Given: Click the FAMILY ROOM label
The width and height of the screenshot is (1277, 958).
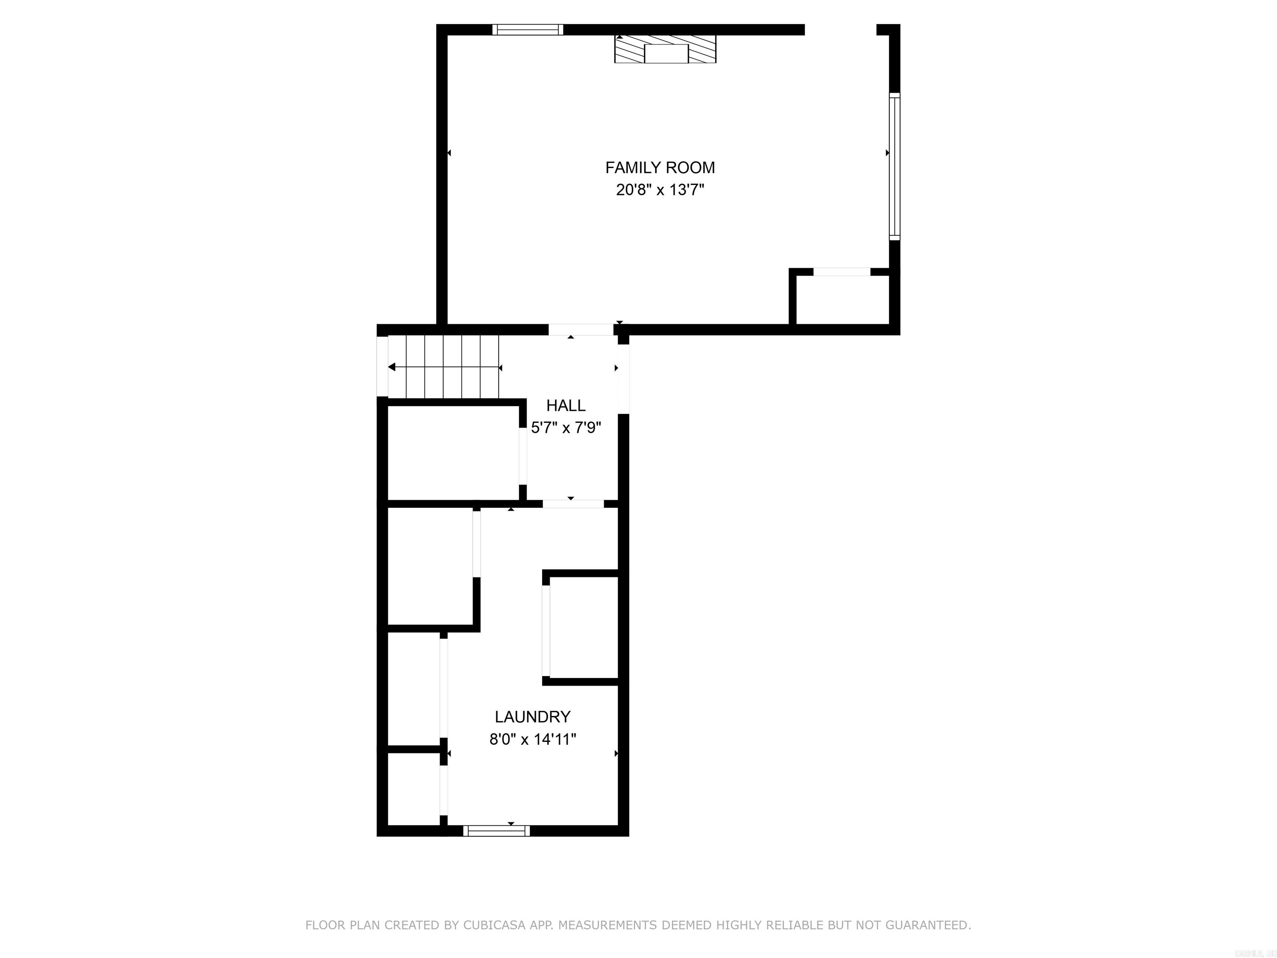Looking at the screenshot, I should (x=660, y=168).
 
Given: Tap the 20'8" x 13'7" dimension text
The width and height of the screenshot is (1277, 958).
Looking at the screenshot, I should (x=660, y=190).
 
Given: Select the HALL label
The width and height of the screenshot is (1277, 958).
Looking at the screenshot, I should (x=566, y=405).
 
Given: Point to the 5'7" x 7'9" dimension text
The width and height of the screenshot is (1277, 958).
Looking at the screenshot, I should (x=566, y=428).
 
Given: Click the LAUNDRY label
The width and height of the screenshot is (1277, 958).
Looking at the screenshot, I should (x=532, y=716).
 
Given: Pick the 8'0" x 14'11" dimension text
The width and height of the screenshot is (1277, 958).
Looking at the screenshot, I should (x=532, y=739).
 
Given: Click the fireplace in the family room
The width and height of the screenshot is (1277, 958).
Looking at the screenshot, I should (x=665, y=49).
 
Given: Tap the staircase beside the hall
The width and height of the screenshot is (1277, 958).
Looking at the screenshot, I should (x=444, y=367).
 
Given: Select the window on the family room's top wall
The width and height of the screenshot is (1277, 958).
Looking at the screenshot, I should (x=528, y=30).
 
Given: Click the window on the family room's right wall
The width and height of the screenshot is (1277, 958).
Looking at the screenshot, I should (x=894, y=166).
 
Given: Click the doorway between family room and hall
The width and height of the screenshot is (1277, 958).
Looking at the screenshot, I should (x=580, y=330).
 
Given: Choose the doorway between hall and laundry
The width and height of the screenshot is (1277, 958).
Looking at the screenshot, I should (x=573, y=504).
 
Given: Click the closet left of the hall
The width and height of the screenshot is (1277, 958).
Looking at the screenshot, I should (x=453, y=452).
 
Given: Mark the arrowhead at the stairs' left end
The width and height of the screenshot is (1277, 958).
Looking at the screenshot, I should (x=392, y=367).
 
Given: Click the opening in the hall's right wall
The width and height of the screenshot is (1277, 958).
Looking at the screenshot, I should (x=624, y=379).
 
